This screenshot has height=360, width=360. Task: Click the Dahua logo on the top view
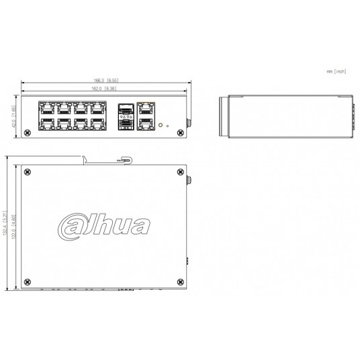point(103,223)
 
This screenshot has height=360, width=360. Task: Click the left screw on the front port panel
point(27,132)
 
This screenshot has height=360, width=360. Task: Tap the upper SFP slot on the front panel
point(125,108)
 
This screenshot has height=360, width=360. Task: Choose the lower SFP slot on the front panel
point(125,122)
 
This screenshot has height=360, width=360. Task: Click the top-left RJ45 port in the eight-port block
point(47,108)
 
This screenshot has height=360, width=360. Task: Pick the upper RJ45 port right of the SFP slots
point(146,107)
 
